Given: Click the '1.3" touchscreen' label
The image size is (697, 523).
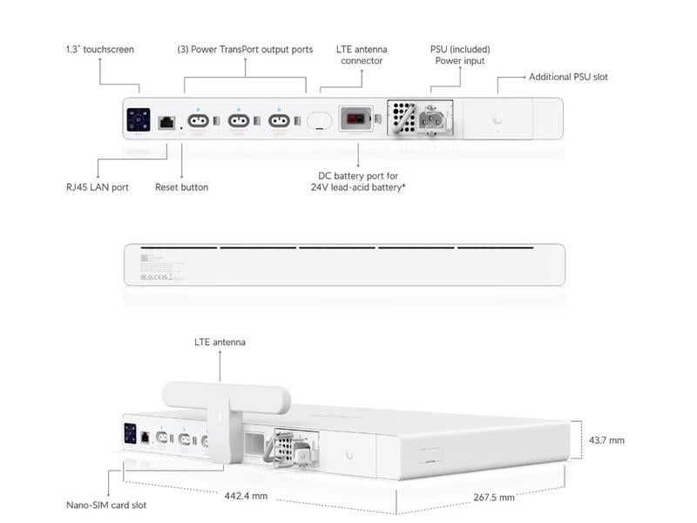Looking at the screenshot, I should click(x=100, y=50).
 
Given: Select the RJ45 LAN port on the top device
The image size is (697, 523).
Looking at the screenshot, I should click(x=166, y=121).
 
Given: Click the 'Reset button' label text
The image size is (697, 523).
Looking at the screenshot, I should click(x=181, y=187).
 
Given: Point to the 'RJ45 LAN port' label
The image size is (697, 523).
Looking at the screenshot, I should click(x=97, y=187).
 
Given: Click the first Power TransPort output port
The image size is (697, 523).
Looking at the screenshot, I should click(x=197, y=121).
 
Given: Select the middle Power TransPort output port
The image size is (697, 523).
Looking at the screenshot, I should click(x=238, y=121).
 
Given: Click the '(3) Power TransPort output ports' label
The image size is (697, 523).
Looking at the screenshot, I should click(x=245, y=50).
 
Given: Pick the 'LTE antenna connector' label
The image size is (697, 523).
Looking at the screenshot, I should click(x=362, y=55).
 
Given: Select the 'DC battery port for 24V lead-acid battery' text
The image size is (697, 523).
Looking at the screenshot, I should click(x=358, y=181).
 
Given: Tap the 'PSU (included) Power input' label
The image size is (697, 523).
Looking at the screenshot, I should click(x=460, y=55).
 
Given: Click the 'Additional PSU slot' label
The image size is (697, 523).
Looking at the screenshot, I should click(x=568, y=77).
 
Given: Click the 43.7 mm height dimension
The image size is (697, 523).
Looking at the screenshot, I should click(x=606, y=440).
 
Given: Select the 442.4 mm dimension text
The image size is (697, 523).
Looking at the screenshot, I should click(x=246, y=495).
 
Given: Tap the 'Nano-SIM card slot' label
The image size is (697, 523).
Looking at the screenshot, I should click(x=106, y=505).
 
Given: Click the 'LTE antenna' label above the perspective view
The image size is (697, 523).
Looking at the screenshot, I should click(x=220, y=343).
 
